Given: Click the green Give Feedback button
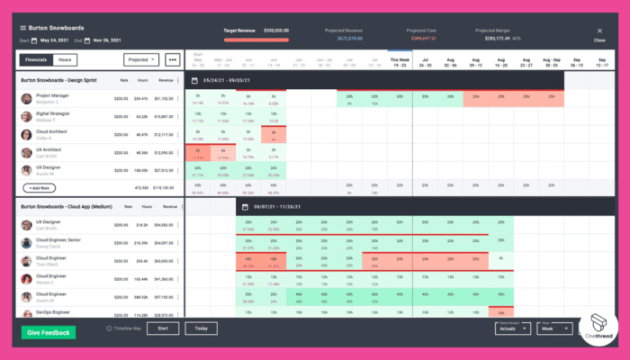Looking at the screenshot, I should [x=49, y=332].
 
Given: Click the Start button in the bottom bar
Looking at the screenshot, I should [x=162, y=328].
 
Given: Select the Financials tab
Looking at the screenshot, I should [x=35, y=60].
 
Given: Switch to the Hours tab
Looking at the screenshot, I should [x=65, y=60].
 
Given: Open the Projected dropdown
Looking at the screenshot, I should [x=141, y=60].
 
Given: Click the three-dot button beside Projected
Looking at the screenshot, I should [x=172, y=60].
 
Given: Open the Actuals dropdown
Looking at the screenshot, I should [x=512, y=328].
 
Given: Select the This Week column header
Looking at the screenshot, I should [x=398, y=60].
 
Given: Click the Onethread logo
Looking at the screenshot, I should [x=593, y=329].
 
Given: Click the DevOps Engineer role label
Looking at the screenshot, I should [x=53, y=311].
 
